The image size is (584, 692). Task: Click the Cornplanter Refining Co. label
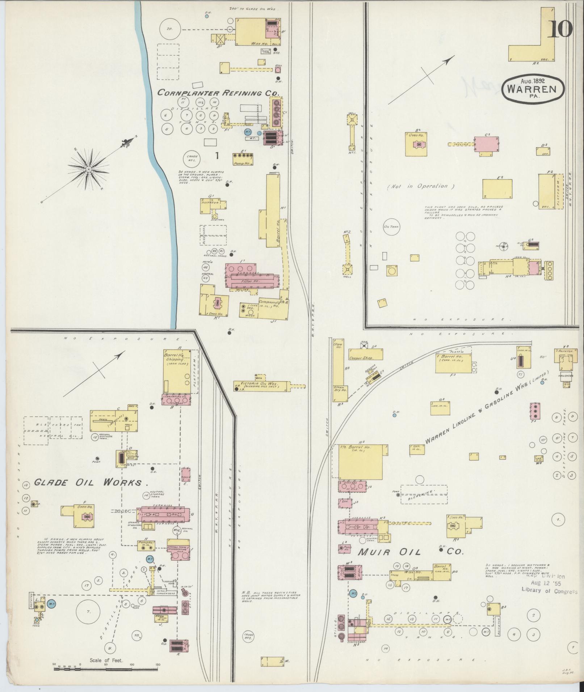pos(219,93)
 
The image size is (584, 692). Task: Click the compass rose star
pos(88,169)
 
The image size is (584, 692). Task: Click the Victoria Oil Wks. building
pos(261,386)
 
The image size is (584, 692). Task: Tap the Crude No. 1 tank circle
pos(192,158)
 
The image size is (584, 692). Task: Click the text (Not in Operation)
pos(421,186)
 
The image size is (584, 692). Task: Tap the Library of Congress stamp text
pos(549,591)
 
